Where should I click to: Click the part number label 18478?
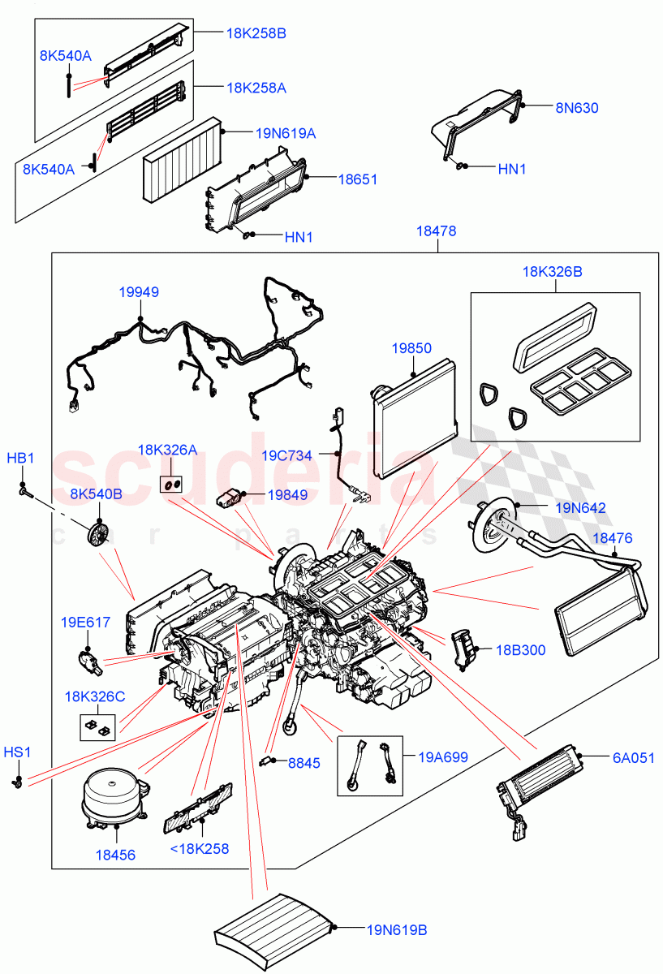point(437,231)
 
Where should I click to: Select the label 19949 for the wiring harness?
point(138,292)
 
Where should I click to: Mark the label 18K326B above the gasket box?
point(553,272)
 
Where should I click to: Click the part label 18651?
point(362,179)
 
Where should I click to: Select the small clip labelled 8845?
point(265,761)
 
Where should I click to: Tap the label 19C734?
point(286,455)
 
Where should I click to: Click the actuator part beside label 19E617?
point(88,661)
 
